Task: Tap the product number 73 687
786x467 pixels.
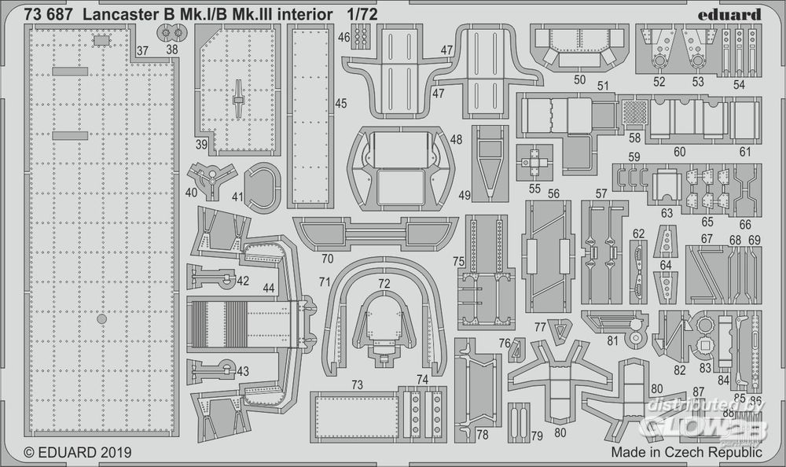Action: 46,13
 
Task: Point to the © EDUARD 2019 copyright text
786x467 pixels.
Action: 78,453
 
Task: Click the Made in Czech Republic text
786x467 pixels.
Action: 685,453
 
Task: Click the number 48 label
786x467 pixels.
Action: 457,139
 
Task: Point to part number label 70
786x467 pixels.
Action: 327,258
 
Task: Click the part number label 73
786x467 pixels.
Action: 357,384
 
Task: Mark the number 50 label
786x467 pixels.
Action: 580,79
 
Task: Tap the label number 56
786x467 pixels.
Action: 554,193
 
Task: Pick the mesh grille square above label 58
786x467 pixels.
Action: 635,113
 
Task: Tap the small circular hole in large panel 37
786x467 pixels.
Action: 101,320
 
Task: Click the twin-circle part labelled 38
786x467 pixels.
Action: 171,33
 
